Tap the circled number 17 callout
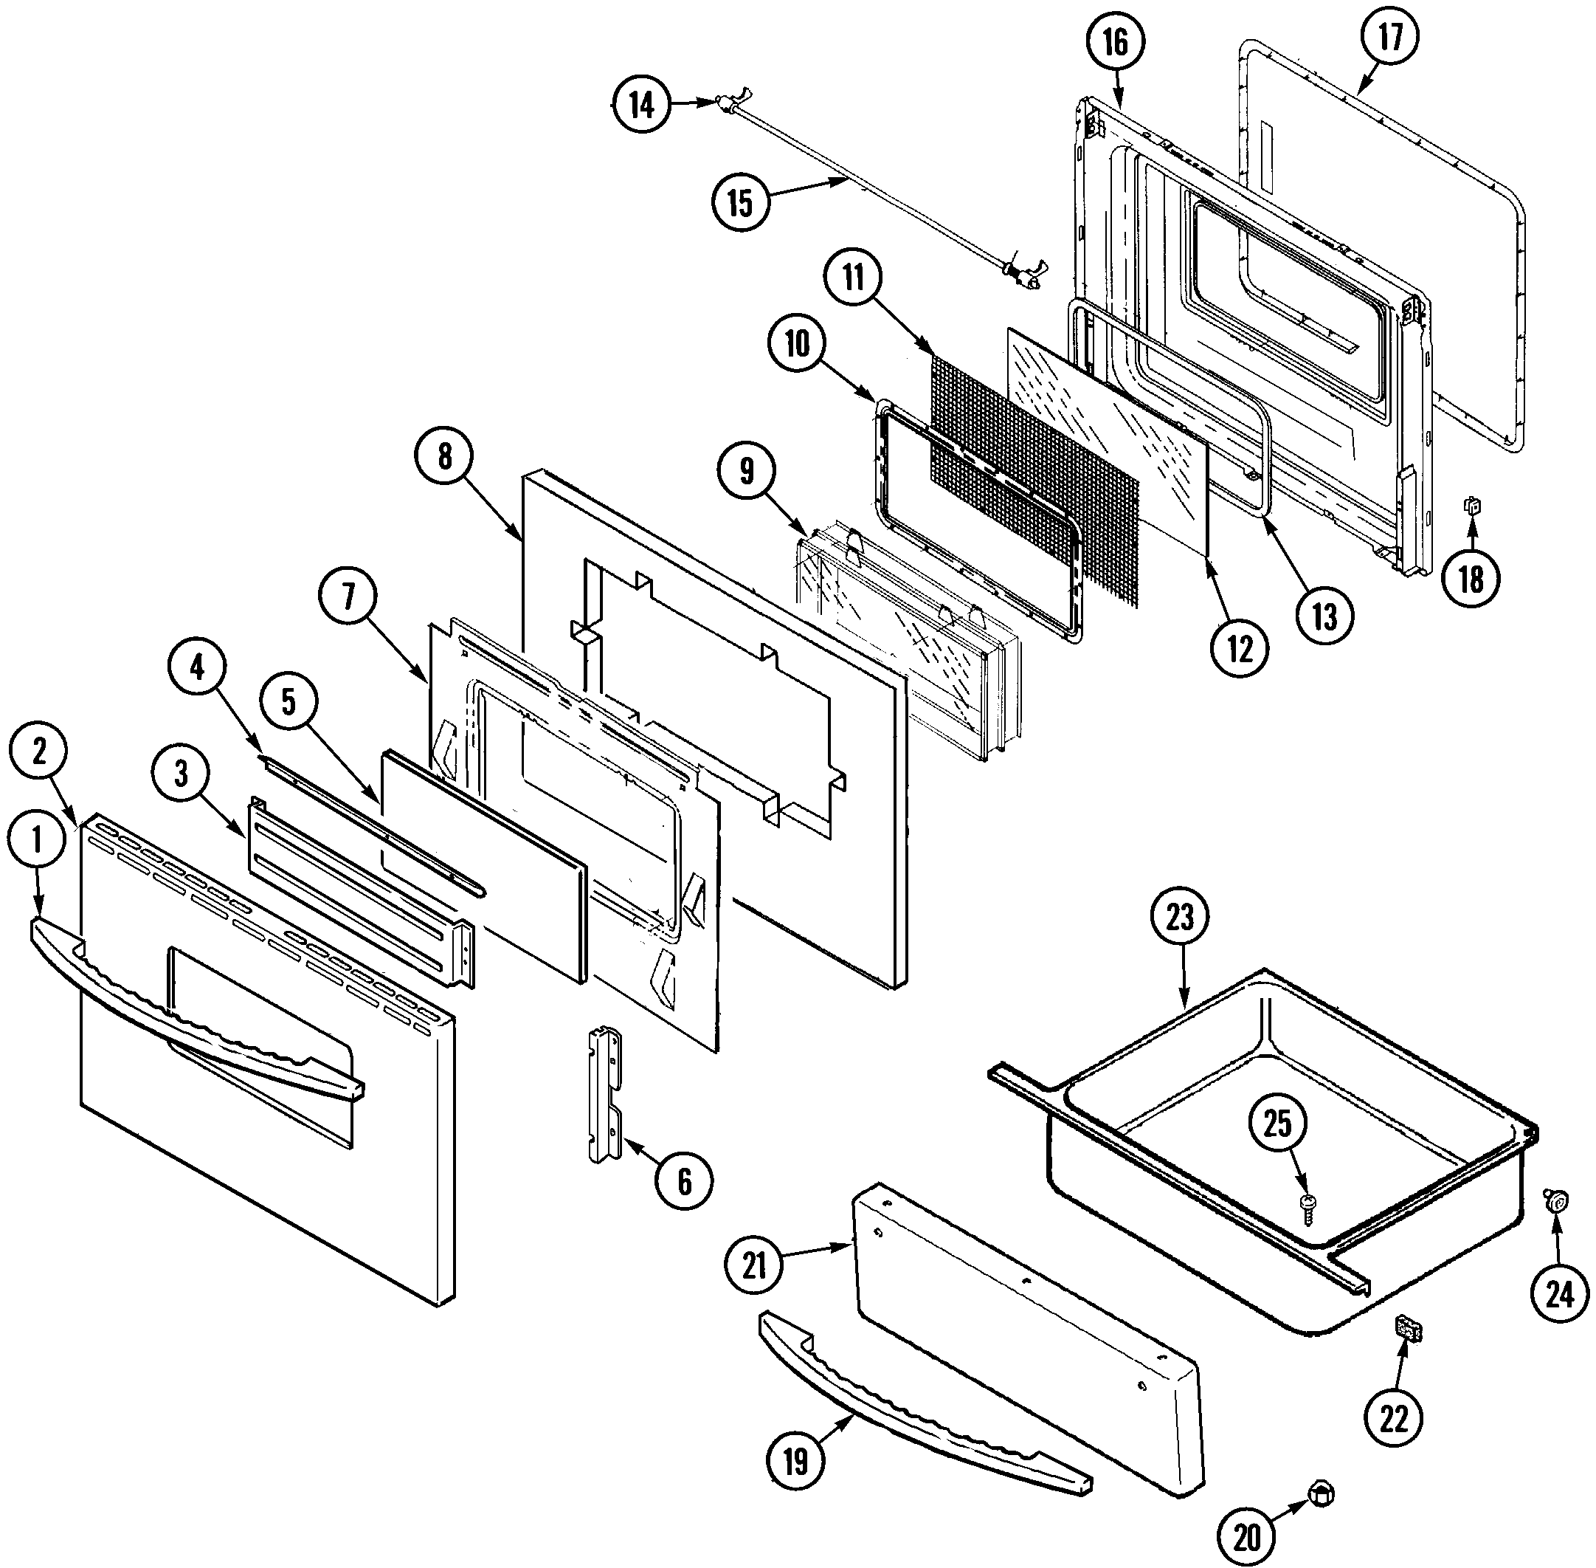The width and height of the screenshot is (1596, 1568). pyautogui.click(x=1390, y=37)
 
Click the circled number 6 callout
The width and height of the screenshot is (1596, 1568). pyautogui.click(x=684, y=1181)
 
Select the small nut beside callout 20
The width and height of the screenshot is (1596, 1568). pyautogui.click(x=1320, y=1493)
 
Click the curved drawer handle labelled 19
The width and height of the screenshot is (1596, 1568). pyautogui.click(x=922, y=1409)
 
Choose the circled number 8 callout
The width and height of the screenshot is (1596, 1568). pyautogui.click(x=444, y=455)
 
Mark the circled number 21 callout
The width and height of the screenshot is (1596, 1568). pyautogui.click(x=754, y=1265)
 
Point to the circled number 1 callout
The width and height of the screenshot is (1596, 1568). pyautogui.click(x=36, y=839)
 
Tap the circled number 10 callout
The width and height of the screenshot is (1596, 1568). pyautogui.click(x=797, y=344)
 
